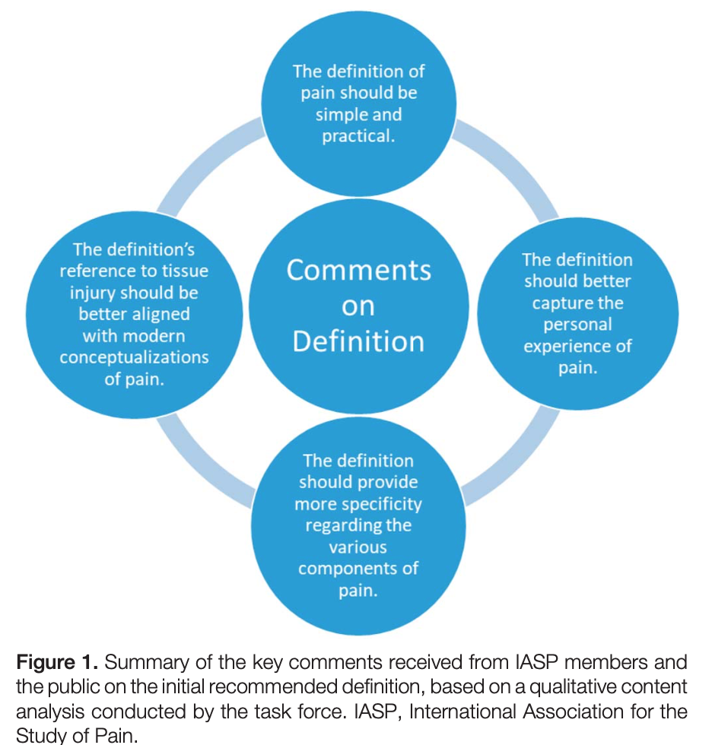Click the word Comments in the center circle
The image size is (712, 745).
pos(358,271)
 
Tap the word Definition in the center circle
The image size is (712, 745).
pos(358,341)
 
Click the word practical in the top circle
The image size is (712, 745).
pos(358,137)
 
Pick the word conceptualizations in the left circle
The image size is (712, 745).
pos(135,357)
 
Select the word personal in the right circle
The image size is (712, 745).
pos(577,325)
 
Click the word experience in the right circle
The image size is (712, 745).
pos(567,347)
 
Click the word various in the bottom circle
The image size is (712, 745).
pos(358,547)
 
